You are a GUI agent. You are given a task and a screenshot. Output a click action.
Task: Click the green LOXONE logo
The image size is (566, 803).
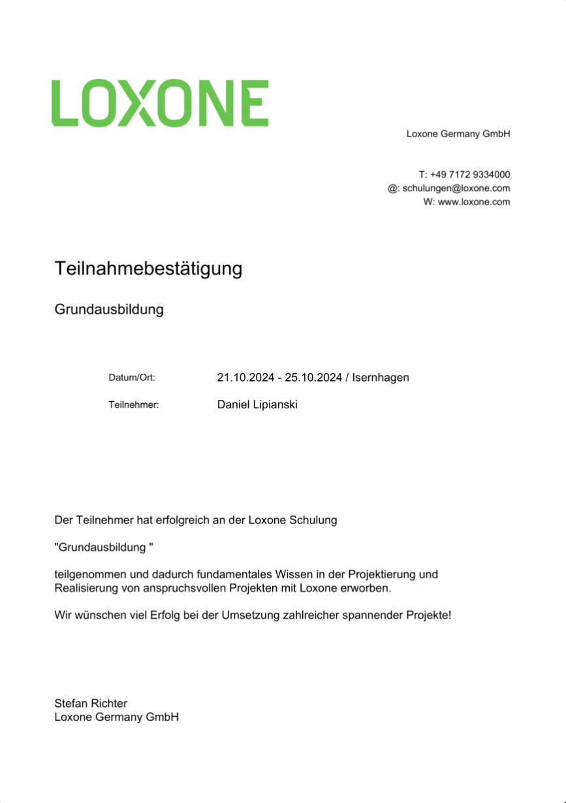click(x=160, y=103)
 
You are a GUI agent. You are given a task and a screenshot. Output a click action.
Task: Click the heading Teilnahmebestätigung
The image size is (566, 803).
click(x=148, y=269)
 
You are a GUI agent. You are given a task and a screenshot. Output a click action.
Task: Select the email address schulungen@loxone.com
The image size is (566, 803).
click(x=456, y=188)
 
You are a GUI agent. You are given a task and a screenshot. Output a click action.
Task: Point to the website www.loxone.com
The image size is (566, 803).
click(x=473, y=202)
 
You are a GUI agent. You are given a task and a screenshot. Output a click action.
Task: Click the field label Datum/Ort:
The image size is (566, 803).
click(x=132, y=378)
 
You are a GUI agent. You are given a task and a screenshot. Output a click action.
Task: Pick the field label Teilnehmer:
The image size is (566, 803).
click(x=134, y=405)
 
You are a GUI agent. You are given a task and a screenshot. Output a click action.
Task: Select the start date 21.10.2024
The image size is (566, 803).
click(x=245, y=378)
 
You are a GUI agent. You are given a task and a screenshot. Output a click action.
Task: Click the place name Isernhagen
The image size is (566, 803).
click(x=381, y=378)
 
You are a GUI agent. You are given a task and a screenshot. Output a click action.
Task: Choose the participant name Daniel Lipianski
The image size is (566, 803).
click(x=257, y=405)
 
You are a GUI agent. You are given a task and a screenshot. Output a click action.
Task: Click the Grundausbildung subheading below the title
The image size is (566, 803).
click(x=108, y=309)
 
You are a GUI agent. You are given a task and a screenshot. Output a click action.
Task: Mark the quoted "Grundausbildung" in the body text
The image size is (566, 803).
click(x=103, y=548)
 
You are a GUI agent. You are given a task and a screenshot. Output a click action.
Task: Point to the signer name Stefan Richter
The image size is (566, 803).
click(x=91, y=704)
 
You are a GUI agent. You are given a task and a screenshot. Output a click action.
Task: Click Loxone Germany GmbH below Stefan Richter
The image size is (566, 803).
click(x=116, y=717)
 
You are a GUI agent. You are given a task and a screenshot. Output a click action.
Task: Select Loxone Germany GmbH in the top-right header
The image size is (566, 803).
click(x=458, y=134)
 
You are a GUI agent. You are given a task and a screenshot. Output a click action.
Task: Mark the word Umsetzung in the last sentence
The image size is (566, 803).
click(x=250, y=615)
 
